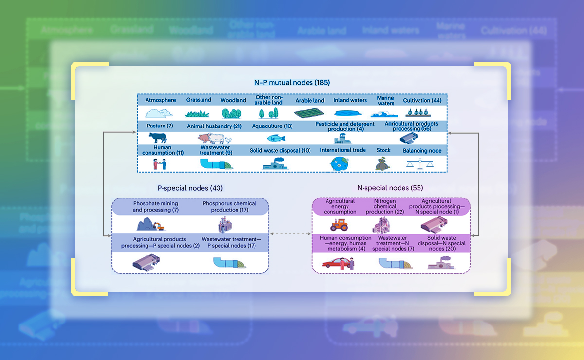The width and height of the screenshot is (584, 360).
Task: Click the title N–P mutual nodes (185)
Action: coord(292,83)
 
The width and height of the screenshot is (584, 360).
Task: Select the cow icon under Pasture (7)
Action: coord(157,138)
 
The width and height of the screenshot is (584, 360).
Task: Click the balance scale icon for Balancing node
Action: coord(422,163)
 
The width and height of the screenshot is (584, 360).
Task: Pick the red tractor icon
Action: coord(340,224)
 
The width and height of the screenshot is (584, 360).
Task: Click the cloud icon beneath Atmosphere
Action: coord(158,113)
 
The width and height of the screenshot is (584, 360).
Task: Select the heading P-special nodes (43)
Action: coord(190,188)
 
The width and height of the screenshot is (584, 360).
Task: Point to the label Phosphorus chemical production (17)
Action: coord(229,207)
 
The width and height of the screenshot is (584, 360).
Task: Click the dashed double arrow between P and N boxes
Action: coord(291,234)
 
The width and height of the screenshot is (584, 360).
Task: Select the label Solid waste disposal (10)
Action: coord(280,150)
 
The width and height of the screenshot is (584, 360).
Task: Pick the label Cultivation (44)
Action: coord(422,100)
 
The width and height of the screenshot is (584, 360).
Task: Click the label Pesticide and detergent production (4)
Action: coord(345,126)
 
